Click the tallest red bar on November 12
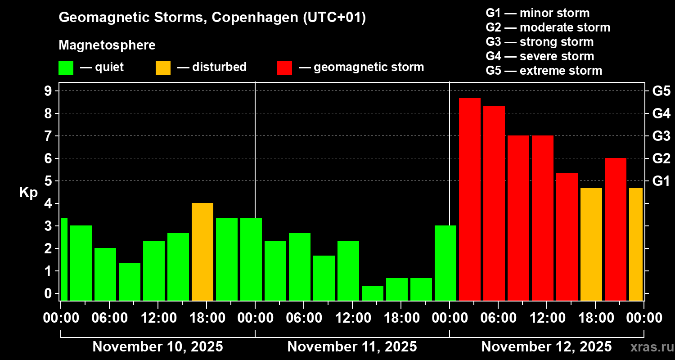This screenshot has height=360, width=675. click(469, 198)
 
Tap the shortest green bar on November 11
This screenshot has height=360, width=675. click(372, 292)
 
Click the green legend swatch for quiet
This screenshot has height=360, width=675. click(66, 67)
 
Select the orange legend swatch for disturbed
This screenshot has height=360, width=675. click(163, 67)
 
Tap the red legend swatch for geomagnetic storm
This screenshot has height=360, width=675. click(284, 67)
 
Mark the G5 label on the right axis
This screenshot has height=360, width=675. click(661, 91)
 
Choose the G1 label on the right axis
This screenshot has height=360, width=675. click(661, 181)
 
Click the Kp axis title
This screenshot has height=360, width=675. click(28, 192)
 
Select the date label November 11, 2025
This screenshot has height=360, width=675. click(352, 346)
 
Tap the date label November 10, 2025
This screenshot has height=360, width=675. click(157, 346)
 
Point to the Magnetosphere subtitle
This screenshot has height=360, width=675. click(107, 45)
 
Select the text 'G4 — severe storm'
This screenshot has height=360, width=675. click(540, 56)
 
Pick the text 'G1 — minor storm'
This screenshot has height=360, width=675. click(538, 13)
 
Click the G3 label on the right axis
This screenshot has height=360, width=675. click(661, 136)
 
